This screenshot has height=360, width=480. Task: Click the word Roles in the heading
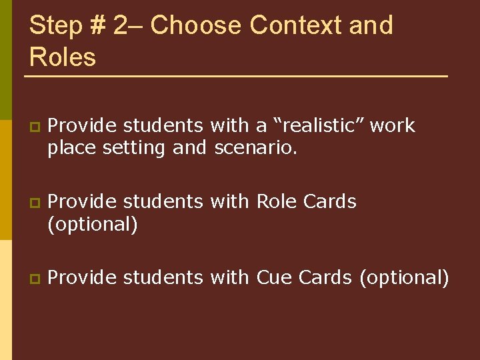pyautogui.click(x=63, y=57)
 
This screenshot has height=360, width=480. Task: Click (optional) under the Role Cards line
pyautogui.click(x=93, y=224)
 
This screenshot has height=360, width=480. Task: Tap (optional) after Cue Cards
pyautogui.click(x=404, y=277)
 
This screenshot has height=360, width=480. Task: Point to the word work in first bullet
pyautogui.click(x=393, y=125)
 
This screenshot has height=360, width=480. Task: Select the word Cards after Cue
pyautogui.click(x=325, y=277)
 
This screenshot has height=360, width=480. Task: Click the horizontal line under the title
pyautogui.click(x=236, y=77)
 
